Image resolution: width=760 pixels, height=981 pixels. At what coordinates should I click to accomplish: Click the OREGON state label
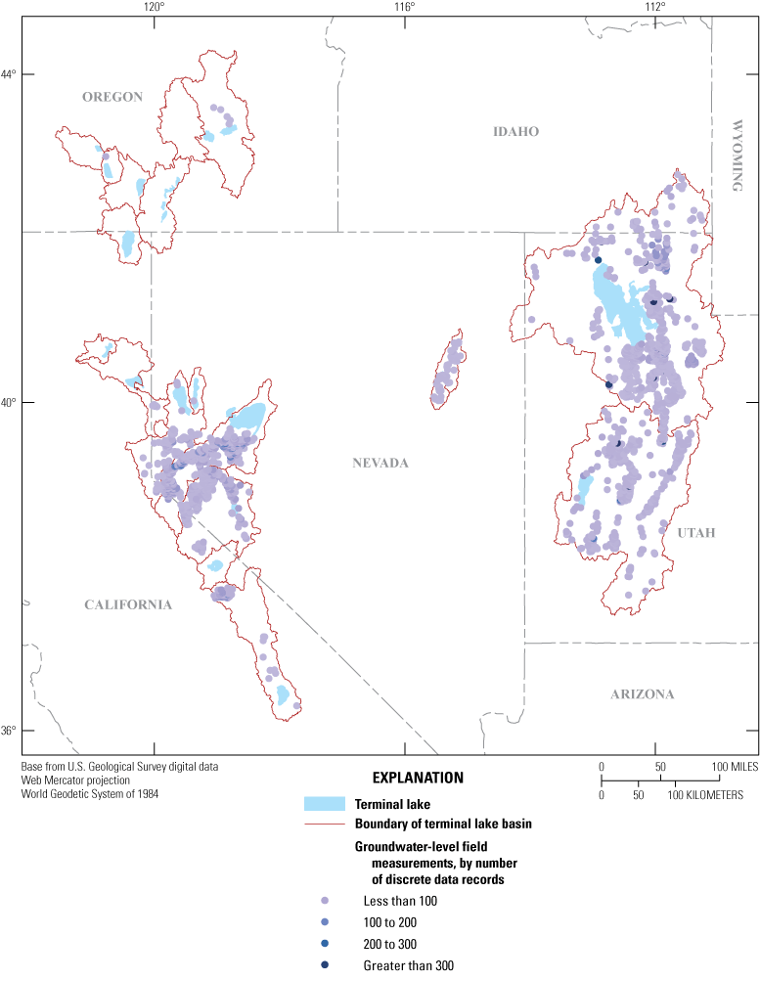pos(112,96)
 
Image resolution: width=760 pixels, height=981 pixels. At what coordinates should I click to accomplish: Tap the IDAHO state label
pos(516,132)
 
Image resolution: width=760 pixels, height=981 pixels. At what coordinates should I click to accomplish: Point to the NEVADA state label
pos(380,463)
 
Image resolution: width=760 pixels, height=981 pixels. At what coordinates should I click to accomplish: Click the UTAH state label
pos(695,532)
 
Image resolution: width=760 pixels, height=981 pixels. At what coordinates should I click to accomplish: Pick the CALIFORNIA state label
pos(128,604)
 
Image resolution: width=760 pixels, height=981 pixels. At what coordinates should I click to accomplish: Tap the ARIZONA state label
pos(642,694)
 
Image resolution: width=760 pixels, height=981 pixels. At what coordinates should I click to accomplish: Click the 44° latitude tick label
pos(10,74)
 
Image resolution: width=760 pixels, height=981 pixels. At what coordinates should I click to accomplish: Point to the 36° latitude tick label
pos(10,731)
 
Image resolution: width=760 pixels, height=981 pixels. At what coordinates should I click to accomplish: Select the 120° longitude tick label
pos(153,7)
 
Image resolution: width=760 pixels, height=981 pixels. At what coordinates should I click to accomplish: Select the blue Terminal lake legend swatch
pos(325,804)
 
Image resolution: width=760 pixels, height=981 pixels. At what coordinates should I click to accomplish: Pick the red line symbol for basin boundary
pos(325,824)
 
